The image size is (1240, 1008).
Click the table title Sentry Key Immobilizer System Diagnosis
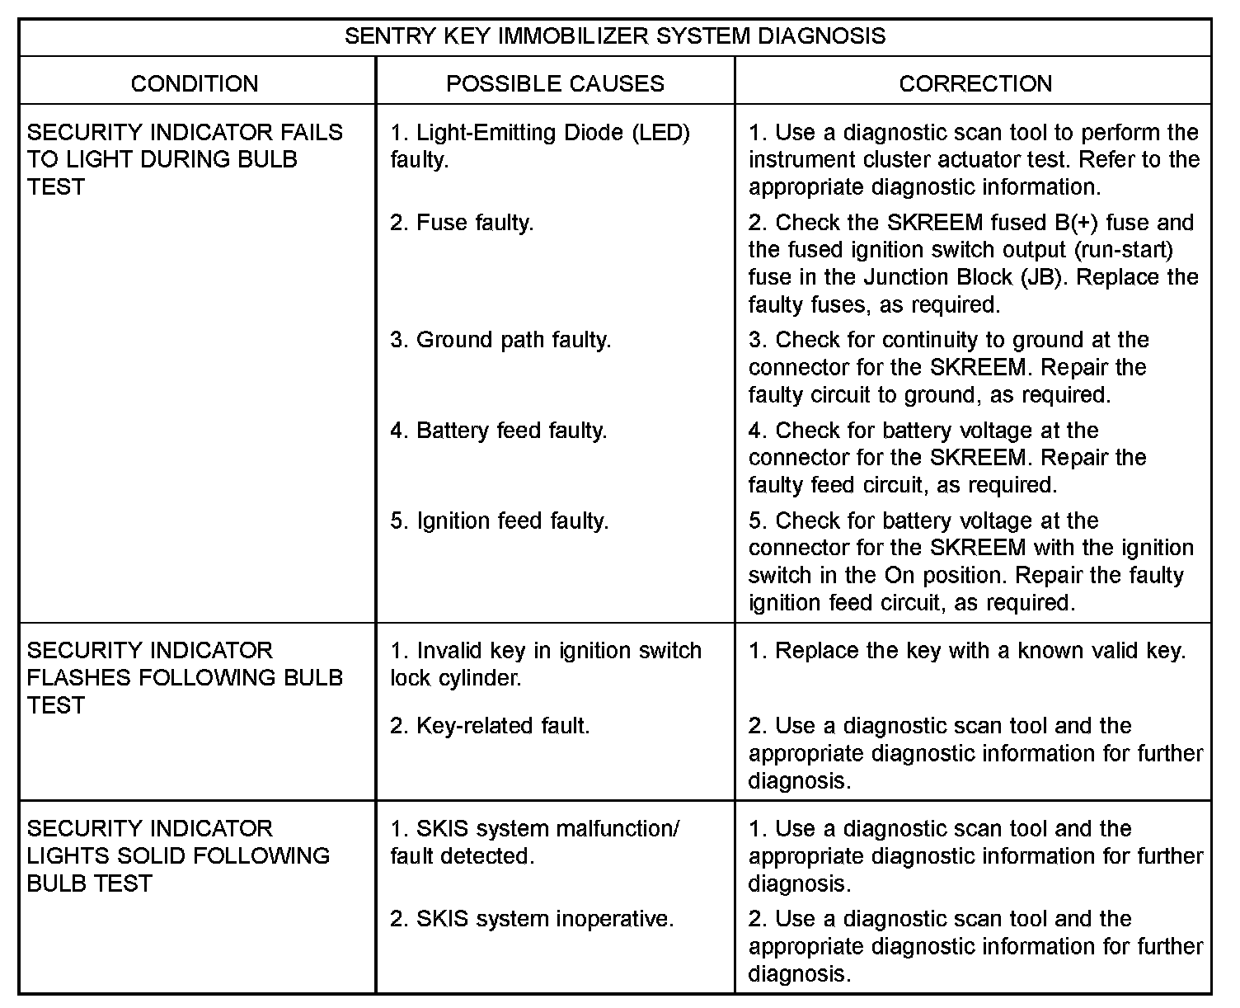tap(615, 36)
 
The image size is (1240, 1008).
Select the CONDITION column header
tap(195, 83)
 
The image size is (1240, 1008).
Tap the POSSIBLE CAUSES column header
tap(555, 83)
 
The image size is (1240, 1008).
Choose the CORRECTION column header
tap(975, 83)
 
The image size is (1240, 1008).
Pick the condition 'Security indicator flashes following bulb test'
tap(185, 677)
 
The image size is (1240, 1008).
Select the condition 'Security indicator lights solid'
tap(178, 855)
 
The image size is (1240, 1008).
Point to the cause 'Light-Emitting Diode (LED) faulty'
tap(540, 145)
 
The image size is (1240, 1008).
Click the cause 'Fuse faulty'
tap(462, 223)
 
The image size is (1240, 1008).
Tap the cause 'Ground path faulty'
tap(500, 340)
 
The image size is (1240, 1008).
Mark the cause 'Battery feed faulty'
tap(499, 431)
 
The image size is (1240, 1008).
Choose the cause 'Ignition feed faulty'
tap(500, 521)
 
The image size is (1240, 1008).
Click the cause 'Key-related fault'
tap(490, 726)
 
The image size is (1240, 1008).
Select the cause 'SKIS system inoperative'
tap(532, 919)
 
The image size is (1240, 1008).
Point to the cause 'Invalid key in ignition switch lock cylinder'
tap(546, 663)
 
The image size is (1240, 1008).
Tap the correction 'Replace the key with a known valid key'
tap(967, 651)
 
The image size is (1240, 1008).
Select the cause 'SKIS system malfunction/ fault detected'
tap(535, 842)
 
